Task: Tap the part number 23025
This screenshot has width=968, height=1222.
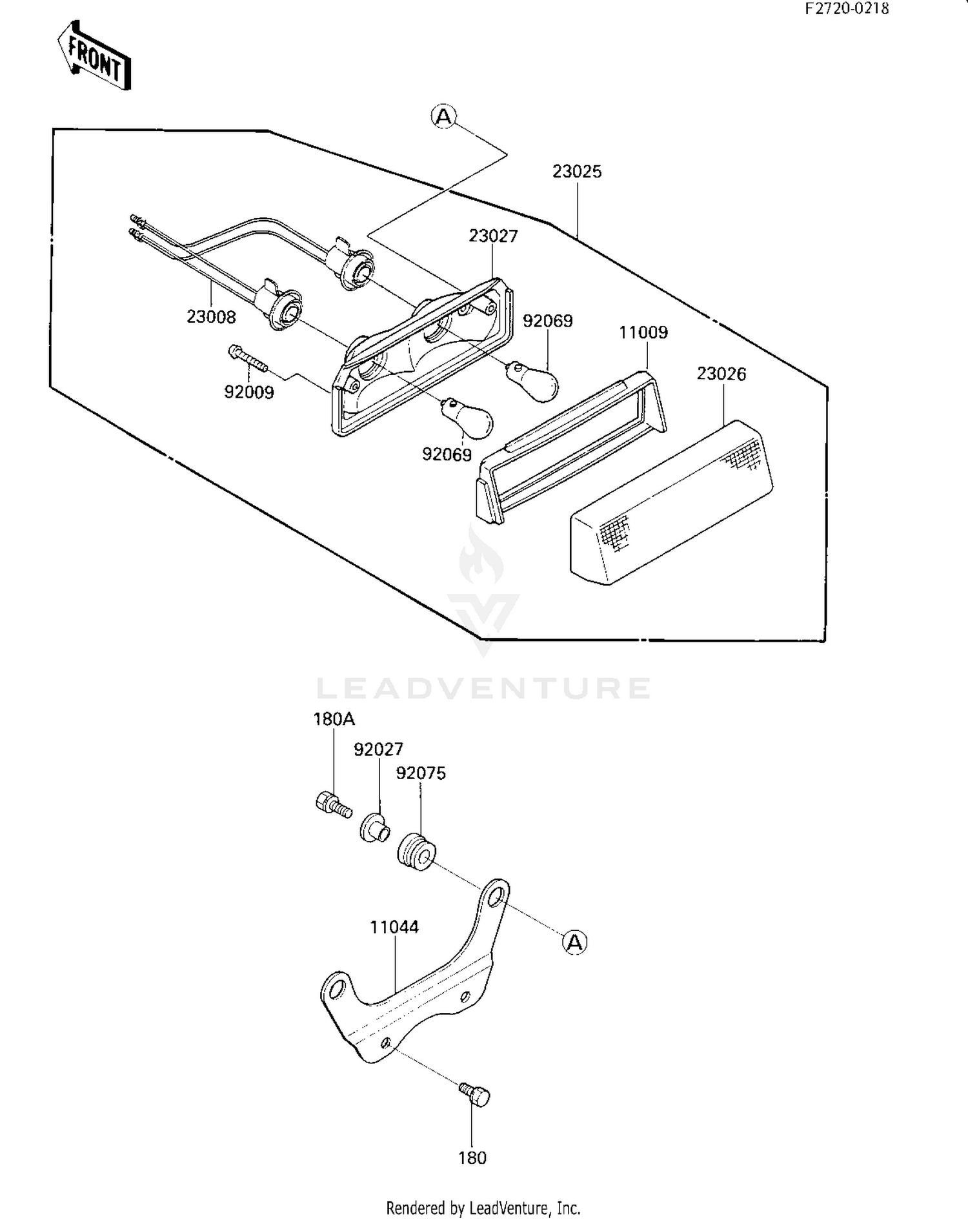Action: (577, 172)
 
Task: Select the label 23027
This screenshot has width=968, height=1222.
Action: (493, 236)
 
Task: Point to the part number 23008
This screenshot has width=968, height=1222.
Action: (211, 317)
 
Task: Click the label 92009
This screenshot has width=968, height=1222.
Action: (249, 392)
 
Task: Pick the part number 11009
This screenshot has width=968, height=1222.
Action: (643, 332)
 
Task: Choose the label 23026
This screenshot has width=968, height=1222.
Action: (721, 374)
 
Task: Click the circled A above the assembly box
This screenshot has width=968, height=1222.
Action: (443, 117)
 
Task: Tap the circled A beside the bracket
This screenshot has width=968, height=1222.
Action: (574, 942)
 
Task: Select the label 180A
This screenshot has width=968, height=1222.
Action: (334, 719)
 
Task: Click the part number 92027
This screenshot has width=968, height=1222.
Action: (378, 749)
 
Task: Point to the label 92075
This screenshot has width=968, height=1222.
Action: (421, 773)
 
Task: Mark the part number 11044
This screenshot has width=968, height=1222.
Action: (394, 928)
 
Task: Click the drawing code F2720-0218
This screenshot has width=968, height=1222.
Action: (847, 8)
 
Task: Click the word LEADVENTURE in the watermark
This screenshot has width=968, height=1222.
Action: (483, 689)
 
